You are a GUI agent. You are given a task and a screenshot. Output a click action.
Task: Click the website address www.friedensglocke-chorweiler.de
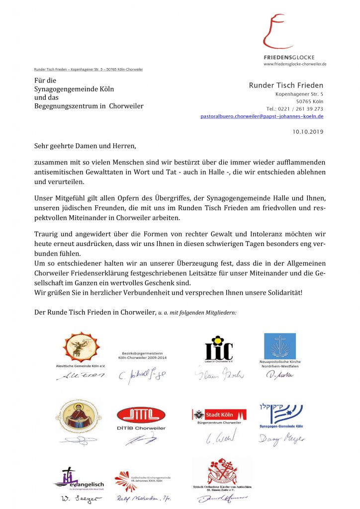point(295,64)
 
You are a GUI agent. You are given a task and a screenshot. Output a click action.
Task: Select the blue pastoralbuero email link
point(262,116)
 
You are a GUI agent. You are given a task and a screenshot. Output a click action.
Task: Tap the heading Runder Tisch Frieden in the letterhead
point(286,85)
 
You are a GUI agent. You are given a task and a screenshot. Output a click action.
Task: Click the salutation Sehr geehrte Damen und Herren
point(85,146)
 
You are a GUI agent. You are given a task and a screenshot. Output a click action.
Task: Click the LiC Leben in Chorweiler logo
point(219,348)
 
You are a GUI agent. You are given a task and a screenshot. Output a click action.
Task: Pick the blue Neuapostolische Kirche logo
point(279,346)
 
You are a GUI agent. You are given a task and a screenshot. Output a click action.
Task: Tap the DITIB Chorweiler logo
point(141,417)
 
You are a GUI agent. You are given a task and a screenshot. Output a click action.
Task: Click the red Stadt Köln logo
point(219,414)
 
